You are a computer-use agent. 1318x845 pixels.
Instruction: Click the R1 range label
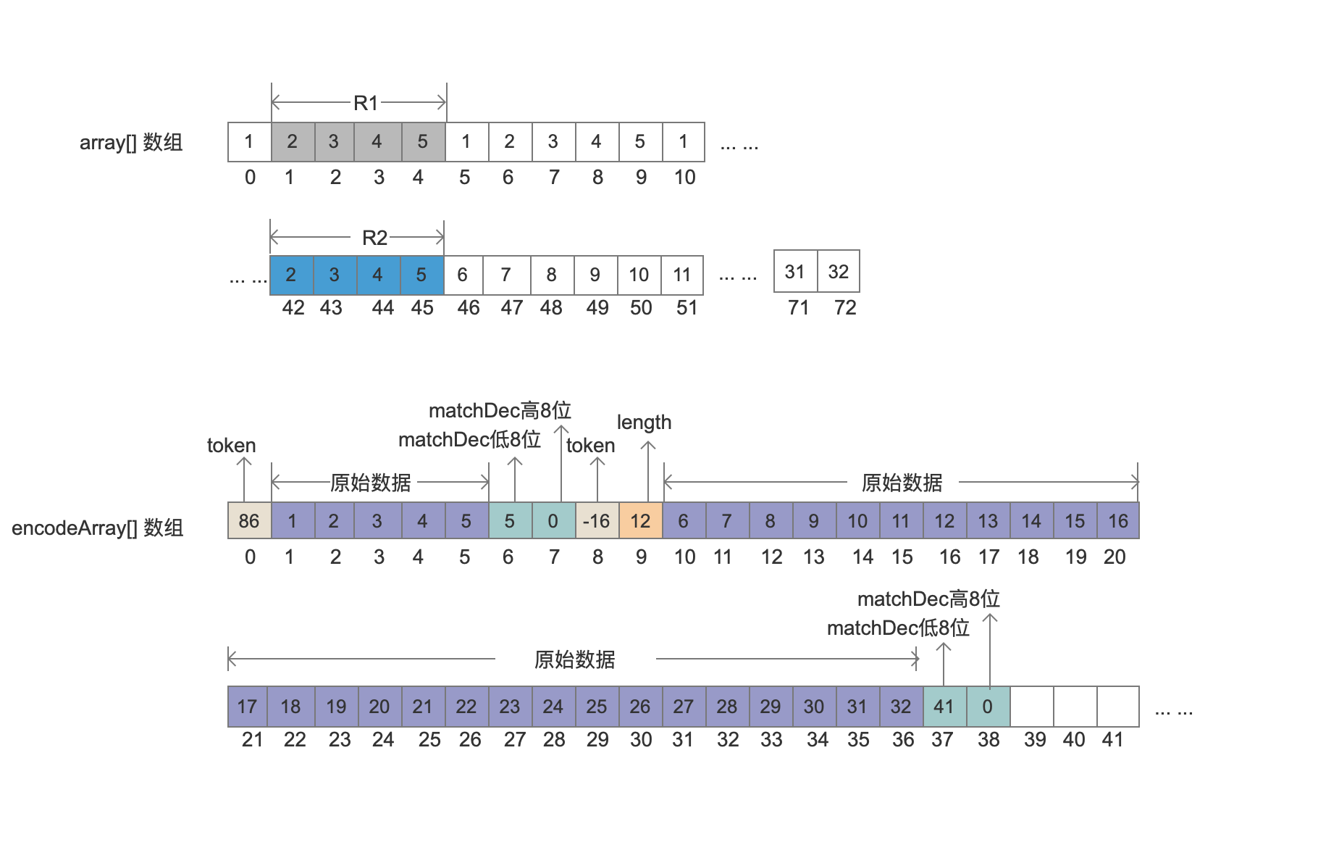(366, 103)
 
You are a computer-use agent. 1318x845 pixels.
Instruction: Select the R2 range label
(374, 238)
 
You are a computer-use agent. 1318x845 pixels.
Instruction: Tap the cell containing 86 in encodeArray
(249, 520)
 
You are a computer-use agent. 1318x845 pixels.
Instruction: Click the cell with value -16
(597, 520)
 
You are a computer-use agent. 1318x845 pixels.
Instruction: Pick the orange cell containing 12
(640, 520)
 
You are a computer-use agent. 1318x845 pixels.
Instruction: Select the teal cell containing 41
(944, 707)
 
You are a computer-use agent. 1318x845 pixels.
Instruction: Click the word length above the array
(644, 422)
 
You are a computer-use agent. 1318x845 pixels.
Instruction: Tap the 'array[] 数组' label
(131, 143)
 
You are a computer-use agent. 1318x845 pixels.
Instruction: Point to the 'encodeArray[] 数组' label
(97, 528)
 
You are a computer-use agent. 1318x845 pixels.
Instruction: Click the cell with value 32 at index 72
(839, 272)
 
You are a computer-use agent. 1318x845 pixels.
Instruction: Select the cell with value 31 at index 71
(795, 272)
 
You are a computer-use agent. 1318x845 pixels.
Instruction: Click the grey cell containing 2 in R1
(293, 141)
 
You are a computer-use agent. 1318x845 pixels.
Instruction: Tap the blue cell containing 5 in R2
(421, 275)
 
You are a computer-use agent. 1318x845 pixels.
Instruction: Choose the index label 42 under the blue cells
(293, 308)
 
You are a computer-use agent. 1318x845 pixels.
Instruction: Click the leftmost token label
(231, 446)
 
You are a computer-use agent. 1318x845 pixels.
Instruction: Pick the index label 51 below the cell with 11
(687, 308)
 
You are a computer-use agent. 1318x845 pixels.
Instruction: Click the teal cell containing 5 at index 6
(510, 520)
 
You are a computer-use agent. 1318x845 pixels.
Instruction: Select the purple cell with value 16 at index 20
(1118, 520)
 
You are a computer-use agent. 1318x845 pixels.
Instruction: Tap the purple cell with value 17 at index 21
(248, 707)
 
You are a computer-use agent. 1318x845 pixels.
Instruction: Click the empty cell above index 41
(1118, 707)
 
